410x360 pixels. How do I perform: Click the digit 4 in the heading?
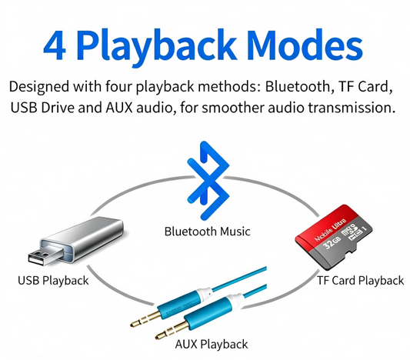55,45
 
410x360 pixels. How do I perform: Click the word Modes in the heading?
305,45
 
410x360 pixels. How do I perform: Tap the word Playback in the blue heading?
156,47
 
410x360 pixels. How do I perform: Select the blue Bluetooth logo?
208,181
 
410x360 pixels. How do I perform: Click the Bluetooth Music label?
208,232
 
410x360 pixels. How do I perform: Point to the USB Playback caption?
53,281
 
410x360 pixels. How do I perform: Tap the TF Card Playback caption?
360,281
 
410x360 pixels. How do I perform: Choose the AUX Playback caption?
212,345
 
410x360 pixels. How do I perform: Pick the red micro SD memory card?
334,237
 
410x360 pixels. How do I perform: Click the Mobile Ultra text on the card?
330,229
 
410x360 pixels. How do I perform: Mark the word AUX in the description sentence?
119,108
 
